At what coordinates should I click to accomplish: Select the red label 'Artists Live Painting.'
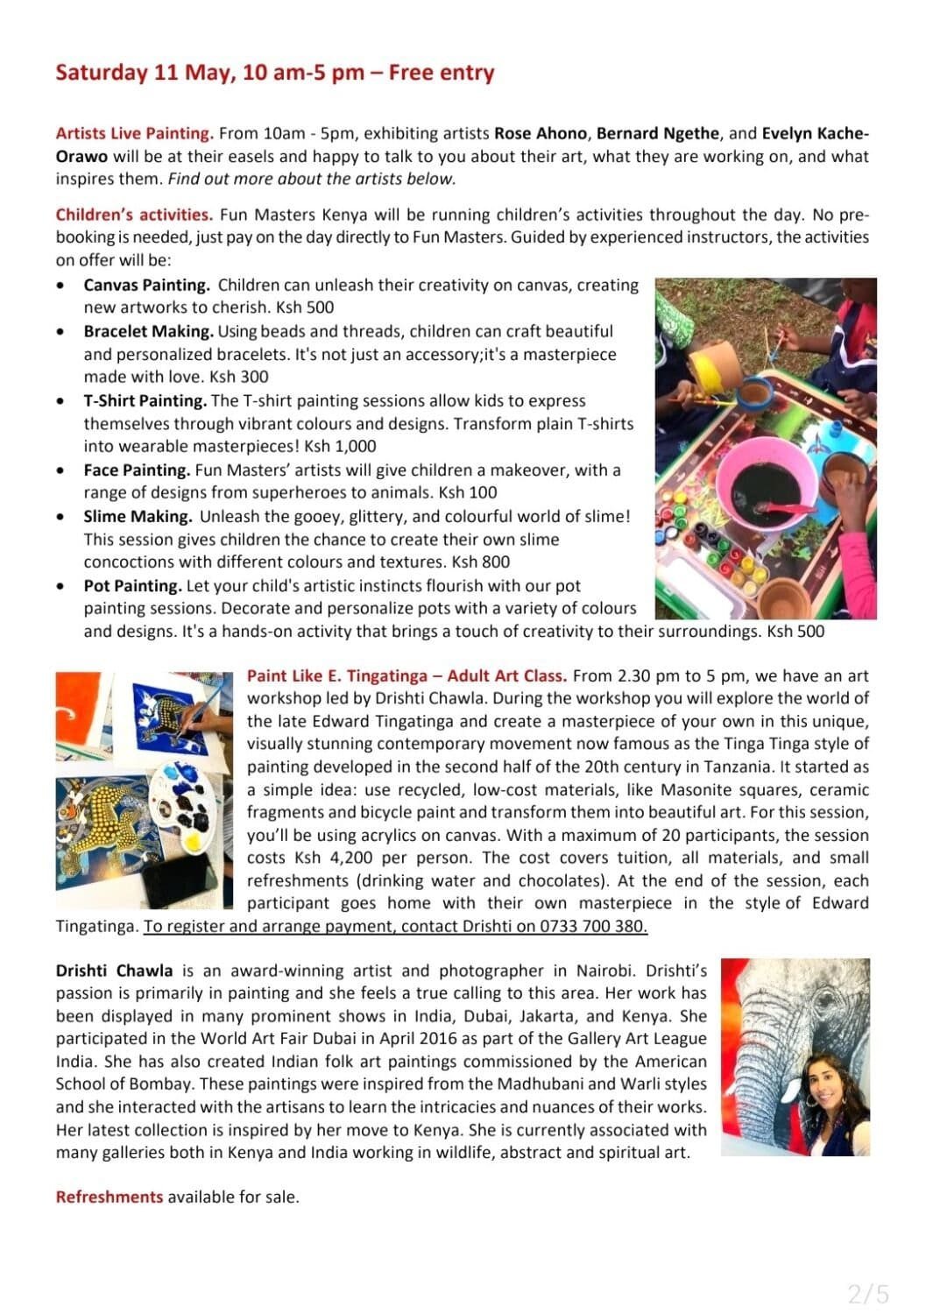coord(134,134)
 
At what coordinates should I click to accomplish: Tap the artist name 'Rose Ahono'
coord(540,134)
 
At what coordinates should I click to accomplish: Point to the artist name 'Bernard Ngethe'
coord(658,134)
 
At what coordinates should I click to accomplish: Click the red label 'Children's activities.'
coord(133,215)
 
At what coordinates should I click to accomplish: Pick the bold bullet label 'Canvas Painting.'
coord(146,285)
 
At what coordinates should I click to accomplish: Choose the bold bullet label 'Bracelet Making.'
coord(148,331)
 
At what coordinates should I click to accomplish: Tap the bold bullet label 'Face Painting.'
coord(137,470)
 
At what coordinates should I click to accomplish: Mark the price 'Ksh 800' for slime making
coord(480,562)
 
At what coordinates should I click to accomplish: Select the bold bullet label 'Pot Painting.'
coord(132,585)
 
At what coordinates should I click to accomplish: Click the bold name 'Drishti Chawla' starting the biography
coord(114,971)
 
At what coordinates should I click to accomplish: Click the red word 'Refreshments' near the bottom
coord(110,1197)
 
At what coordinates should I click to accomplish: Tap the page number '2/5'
coord(868,1293)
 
